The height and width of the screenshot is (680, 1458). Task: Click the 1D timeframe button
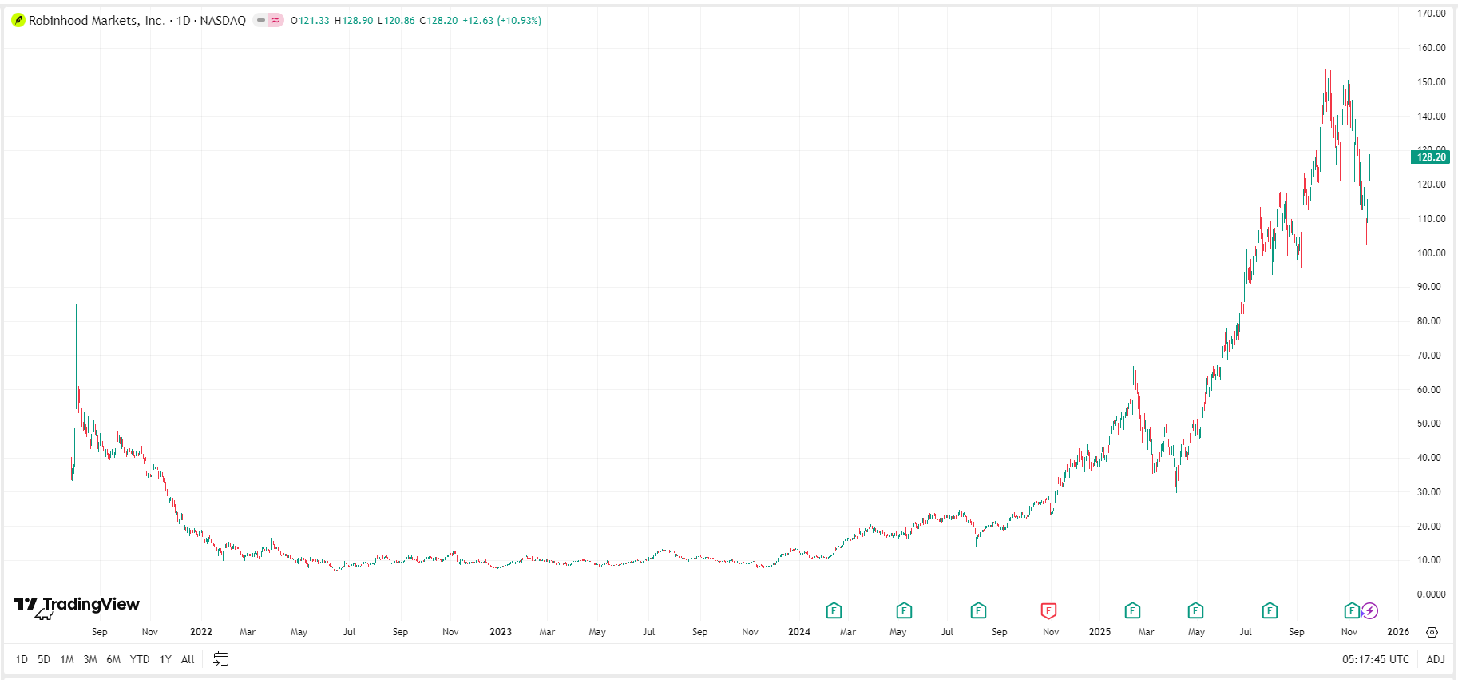click(22, 659)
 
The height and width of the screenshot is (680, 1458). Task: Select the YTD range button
click(140, 659)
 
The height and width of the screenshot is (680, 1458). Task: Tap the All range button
click(188, 659)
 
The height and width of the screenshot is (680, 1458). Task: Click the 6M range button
click(113, 659)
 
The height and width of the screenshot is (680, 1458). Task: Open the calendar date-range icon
click(221, 659)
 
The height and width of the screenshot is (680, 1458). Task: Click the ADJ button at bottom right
click(1435, 659)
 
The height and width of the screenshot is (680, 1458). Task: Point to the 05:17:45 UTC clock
click(1375, 659)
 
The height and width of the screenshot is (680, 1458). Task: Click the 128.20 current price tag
click(1430, 157)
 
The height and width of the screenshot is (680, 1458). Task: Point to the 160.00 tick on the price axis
click(1431, 48)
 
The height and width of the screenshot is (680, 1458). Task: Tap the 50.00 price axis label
click(1428, 424)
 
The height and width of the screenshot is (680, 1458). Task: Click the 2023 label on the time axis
click(501, 632)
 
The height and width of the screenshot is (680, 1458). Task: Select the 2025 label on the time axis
click(1099, 632)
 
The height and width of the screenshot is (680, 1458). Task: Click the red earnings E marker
click(1048, 611)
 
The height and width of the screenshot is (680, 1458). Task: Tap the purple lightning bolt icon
click(1369, 611)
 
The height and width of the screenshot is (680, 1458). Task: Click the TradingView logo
click(77, 605)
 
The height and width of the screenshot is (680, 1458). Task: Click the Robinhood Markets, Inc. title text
click(97, 21)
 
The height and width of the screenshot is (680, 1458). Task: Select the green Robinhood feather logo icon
click(18, 21)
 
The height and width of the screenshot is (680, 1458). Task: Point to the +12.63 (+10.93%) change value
click(501, 21)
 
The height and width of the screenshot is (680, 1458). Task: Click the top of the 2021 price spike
click(77, 304)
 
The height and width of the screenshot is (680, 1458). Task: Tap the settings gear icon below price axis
click(1432, 632)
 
